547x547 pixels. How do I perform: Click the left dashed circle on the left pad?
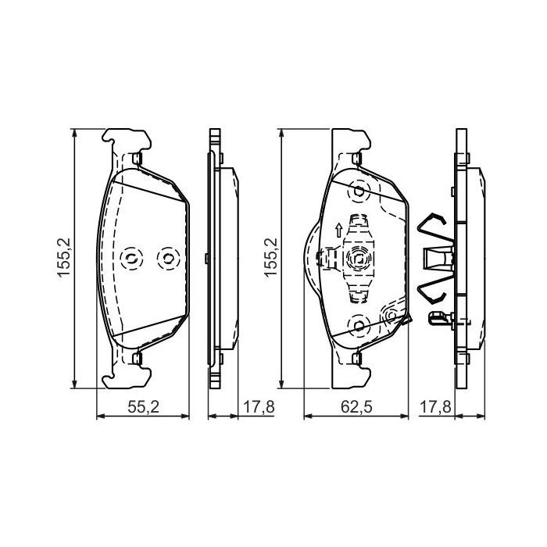131,259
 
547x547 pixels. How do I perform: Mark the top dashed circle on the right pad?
359,191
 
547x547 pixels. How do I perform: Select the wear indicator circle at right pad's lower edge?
393,315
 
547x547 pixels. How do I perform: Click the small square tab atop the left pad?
137,159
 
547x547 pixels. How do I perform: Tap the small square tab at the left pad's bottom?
137,358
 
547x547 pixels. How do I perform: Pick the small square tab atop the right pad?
359,159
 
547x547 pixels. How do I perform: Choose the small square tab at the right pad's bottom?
359,358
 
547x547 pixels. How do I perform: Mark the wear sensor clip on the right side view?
441,317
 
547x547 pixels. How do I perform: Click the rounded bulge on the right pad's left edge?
311,259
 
